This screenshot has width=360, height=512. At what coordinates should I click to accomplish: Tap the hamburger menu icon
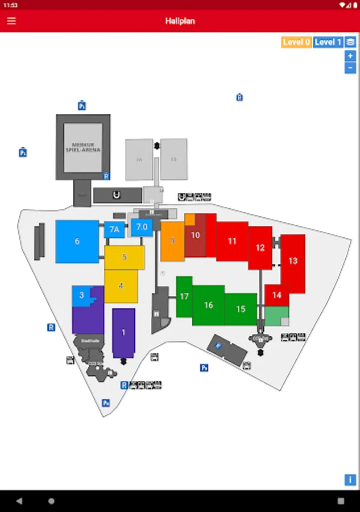[11, 21]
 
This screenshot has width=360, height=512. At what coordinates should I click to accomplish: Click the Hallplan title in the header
[180, 21]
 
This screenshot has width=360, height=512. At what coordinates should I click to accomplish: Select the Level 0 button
[296, 42]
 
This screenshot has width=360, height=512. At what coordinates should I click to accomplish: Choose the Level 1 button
[328, 42]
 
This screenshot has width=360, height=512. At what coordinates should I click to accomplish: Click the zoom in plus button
[350, 56]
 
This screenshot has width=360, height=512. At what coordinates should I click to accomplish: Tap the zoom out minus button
[350, 68]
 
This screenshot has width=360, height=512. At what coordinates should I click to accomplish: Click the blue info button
[350, 480]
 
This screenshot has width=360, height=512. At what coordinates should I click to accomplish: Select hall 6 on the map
[77, 242]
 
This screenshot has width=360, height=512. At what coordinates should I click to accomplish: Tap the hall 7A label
[114, 230]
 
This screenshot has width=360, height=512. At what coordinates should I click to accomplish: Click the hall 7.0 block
[142, 227]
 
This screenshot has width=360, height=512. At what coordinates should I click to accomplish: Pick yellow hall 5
[125, 257]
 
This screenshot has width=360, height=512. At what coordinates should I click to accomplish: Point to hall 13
[293, 261]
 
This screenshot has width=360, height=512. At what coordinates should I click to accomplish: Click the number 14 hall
[277, 295]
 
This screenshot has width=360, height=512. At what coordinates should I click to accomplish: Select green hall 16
[209, 305]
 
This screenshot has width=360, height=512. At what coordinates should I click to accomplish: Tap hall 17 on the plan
[184, 296]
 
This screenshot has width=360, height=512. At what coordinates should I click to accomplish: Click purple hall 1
[123, 332]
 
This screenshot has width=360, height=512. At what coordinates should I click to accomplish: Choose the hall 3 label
[82, 295]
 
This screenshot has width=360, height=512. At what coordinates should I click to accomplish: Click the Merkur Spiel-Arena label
[86, 147]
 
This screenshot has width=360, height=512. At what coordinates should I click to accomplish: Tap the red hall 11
[232, 241]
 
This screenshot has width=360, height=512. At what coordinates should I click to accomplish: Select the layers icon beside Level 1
[350, 42]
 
